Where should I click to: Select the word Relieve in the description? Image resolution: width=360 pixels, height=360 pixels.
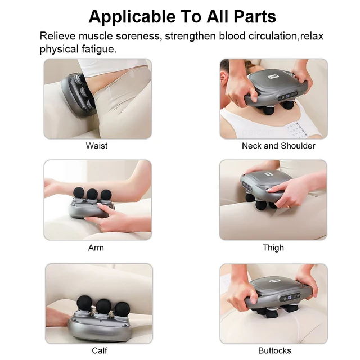point(58,37)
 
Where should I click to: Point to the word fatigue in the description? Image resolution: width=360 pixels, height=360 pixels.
point(100,49)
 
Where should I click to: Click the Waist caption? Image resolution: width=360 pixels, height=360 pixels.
point(97,146)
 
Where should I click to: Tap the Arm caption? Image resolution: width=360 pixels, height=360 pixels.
point(96,247)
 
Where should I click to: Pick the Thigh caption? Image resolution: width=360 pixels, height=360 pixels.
point(273,247)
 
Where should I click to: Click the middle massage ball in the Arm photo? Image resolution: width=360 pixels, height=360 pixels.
point(92,194)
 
